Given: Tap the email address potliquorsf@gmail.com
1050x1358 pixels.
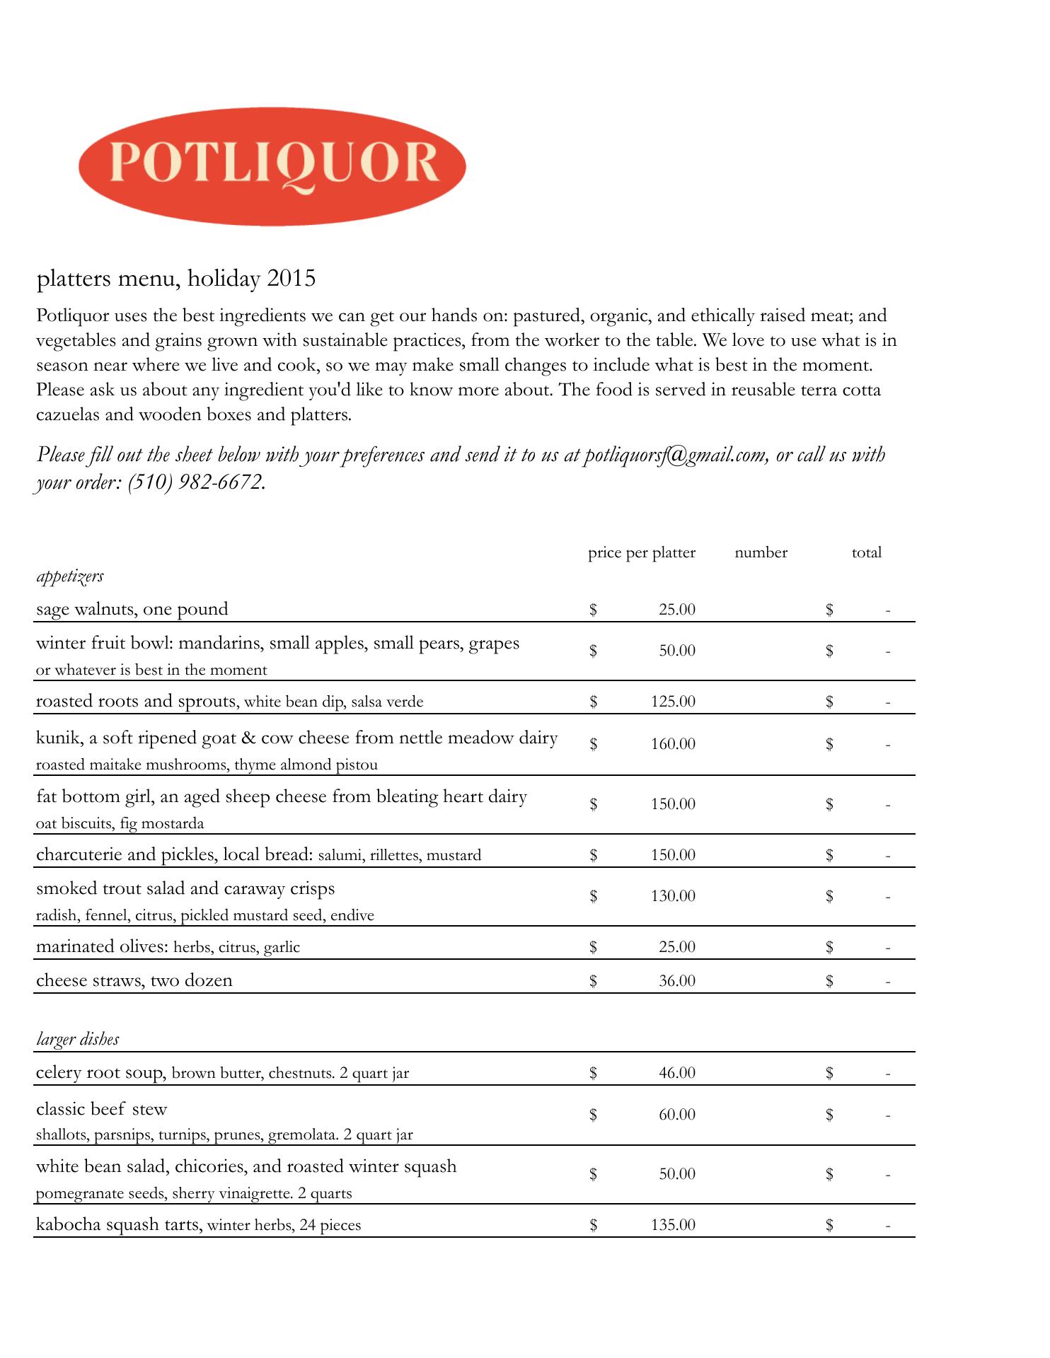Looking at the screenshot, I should point(675,454).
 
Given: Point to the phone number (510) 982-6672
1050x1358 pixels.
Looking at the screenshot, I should point(195,482).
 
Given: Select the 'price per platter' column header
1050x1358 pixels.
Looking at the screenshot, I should point(641,552).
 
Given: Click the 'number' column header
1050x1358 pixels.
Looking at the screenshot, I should point(761,552).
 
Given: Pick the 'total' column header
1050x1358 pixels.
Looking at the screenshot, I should point(866,552).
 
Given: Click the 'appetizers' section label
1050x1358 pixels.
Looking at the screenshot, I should point(70,576).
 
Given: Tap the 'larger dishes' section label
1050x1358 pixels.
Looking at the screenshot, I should point(78,1039).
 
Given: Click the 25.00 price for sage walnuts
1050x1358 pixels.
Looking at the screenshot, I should point(676,609).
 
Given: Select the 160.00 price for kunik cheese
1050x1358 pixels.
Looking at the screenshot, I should point(673,744).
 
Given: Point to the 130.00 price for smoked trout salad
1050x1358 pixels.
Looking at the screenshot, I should point(673,896).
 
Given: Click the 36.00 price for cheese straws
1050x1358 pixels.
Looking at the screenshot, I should point(676,981).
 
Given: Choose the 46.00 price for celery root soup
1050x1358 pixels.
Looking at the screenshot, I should point(676,1073).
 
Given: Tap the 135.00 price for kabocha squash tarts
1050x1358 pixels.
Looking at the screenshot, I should point(673,1225).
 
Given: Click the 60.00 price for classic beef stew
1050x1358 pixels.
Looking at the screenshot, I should point(676,1115).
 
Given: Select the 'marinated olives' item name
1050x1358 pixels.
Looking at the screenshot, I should point(102,946).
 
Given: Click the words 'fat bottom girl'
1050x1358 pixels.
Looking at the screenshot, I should point(94,797).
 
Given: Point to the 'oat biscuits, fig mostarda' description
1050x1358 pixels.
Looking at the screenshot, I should point(120,823).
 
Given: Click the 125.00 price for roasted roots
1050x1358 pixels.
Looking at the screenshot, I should point(673,702).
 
